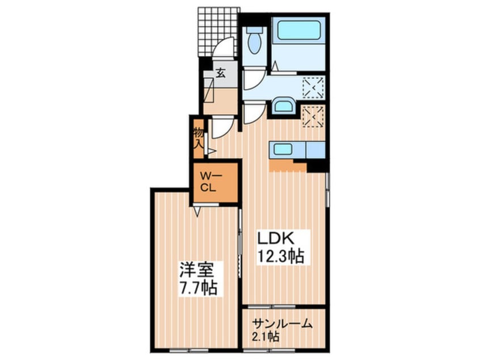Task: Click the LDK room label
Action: [x=276, y=238]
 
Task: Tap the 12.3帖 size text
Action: [x=281, y=256]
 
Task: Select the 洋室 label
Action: [x=196, y=270]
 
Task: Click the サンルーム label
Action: [x=283, y=324]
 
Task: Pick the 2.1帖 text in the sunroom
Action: [x=266, y=337]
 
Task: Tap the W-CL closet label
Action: [x=208, y=182]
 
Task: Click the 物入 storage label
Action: [x=199, y=138]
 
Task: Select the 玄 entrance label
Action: [x=220, y=73]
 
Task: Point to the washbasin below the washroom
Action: [x=284, y=106]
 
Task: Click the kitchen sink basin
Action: [x=281, y=149]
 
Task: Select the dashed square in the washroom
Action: [x=313, y=87]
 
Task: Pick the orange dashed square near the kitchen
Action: [x=313, y=116]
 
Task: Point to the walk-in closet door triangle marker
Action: [x=196, y=211]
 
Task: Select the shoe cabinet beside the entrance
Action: [x=209, y=90]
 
